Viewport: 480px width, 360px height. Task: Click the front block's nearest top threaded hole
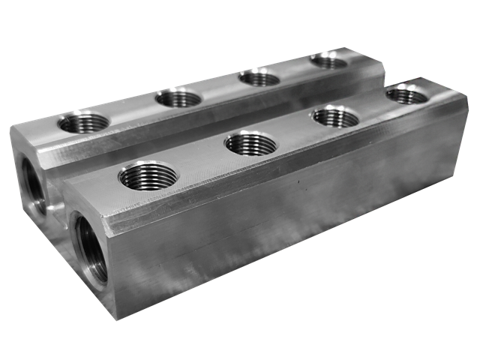[148, 175]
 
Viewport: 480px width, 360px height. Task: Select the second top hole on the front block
[250, 142]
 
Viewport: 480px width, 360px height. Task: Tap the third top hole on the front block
[334, 116]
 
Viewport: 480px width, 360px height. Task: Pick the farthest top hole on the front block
[406, 94]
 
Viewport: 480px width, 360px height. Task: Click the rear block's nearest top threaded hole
[83, 121]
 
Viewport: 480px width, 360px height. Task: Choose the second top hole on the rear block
[178, 97]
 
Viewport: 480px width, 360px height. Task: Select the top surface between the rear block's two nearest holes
[131, 109]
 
